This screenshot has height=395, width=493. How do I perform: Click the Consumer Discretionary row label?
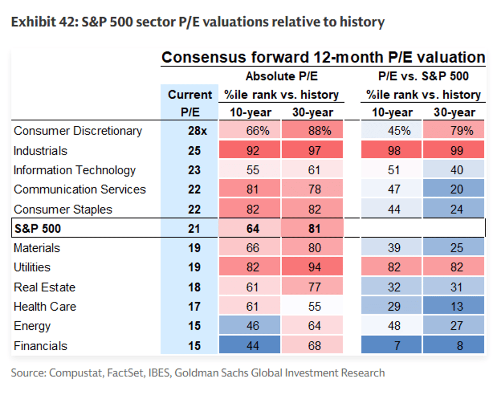[x=78, y=131]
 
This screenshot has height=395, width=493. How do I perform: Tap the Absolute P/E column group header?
[x=281, y=76]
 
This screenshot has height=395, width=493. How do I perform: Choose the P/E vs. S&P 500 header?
[x=423, y=76]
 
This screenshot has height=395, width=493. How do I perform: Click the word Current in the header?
[x=190, y=95]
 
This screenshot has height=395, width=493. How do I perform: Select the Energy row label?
[x=32, y=326]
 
